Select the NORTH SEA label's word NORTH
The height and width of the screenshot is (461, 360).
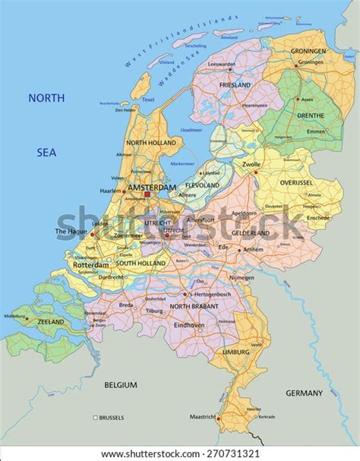point(47,98)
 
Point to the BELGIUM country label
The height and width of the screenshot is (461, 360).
point(121,385)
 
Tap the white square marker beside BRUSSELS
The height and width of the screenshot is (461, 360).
point(95,418)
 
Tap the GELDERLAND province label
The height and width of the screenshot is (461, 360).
point(251,232)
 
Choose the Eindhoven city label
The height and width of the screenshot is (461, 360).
point(188,325)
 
